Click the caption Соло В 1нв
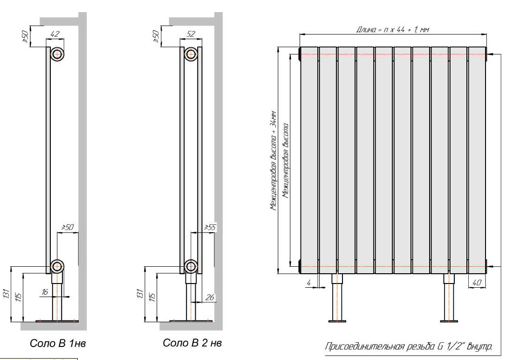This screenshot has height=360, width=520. [x=58, y=344]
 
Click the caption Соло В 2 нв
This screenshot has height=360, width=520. [x=192, y=343]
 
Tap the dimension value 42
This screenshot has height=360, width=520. [x=55, y=33]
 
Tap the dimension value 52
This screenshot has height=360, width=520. [x=191, y=33]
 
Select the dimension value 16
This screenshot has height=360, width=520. [x=45, y=291]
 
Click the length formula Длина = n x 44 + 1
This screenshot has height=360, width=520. [x=392, y=29]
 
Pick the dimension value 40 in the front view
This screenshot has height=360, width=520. [x=476, y=282]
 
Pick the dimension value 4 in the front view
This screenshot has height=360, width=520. [x=308, y=282]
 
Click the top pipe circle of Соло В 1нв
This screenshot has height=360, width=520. [x=57, y=54]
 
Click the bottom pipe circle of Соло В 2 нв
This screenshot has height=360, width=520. [x=191, y=266]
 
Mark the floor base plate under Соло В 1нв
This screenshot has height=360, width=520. [x=57, y=321]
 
